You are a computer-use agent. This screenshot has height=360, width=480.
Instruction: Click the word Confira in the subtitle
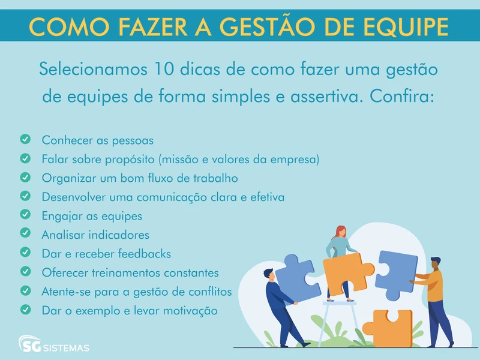pos(402,96)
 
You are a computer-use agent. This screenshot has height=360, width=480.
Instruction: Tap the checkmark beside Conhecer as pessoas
pos(25,140)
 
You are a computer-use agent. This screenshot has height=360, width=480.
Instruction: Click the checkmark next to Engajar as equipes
pos(25,214)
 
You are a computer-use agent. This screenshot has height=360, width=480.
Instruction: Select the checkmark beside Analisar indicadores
pos(25,233)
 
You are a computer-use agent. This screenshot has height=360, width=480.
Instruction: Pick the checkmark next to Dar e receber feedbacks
pos(25,252)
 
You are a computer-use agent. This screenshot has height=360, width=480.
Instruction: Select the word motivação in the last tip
pos(188,311)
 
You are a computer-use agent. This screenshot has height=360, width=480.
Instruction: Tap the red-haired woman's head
pos(339,232)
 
